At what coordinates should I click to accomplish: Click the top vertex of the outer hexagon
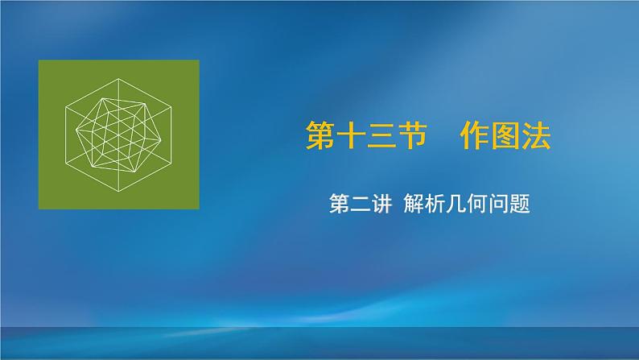[x=118, y=78]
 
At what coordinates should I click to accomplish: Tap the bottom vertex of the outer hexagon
[x=118, y=190]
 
